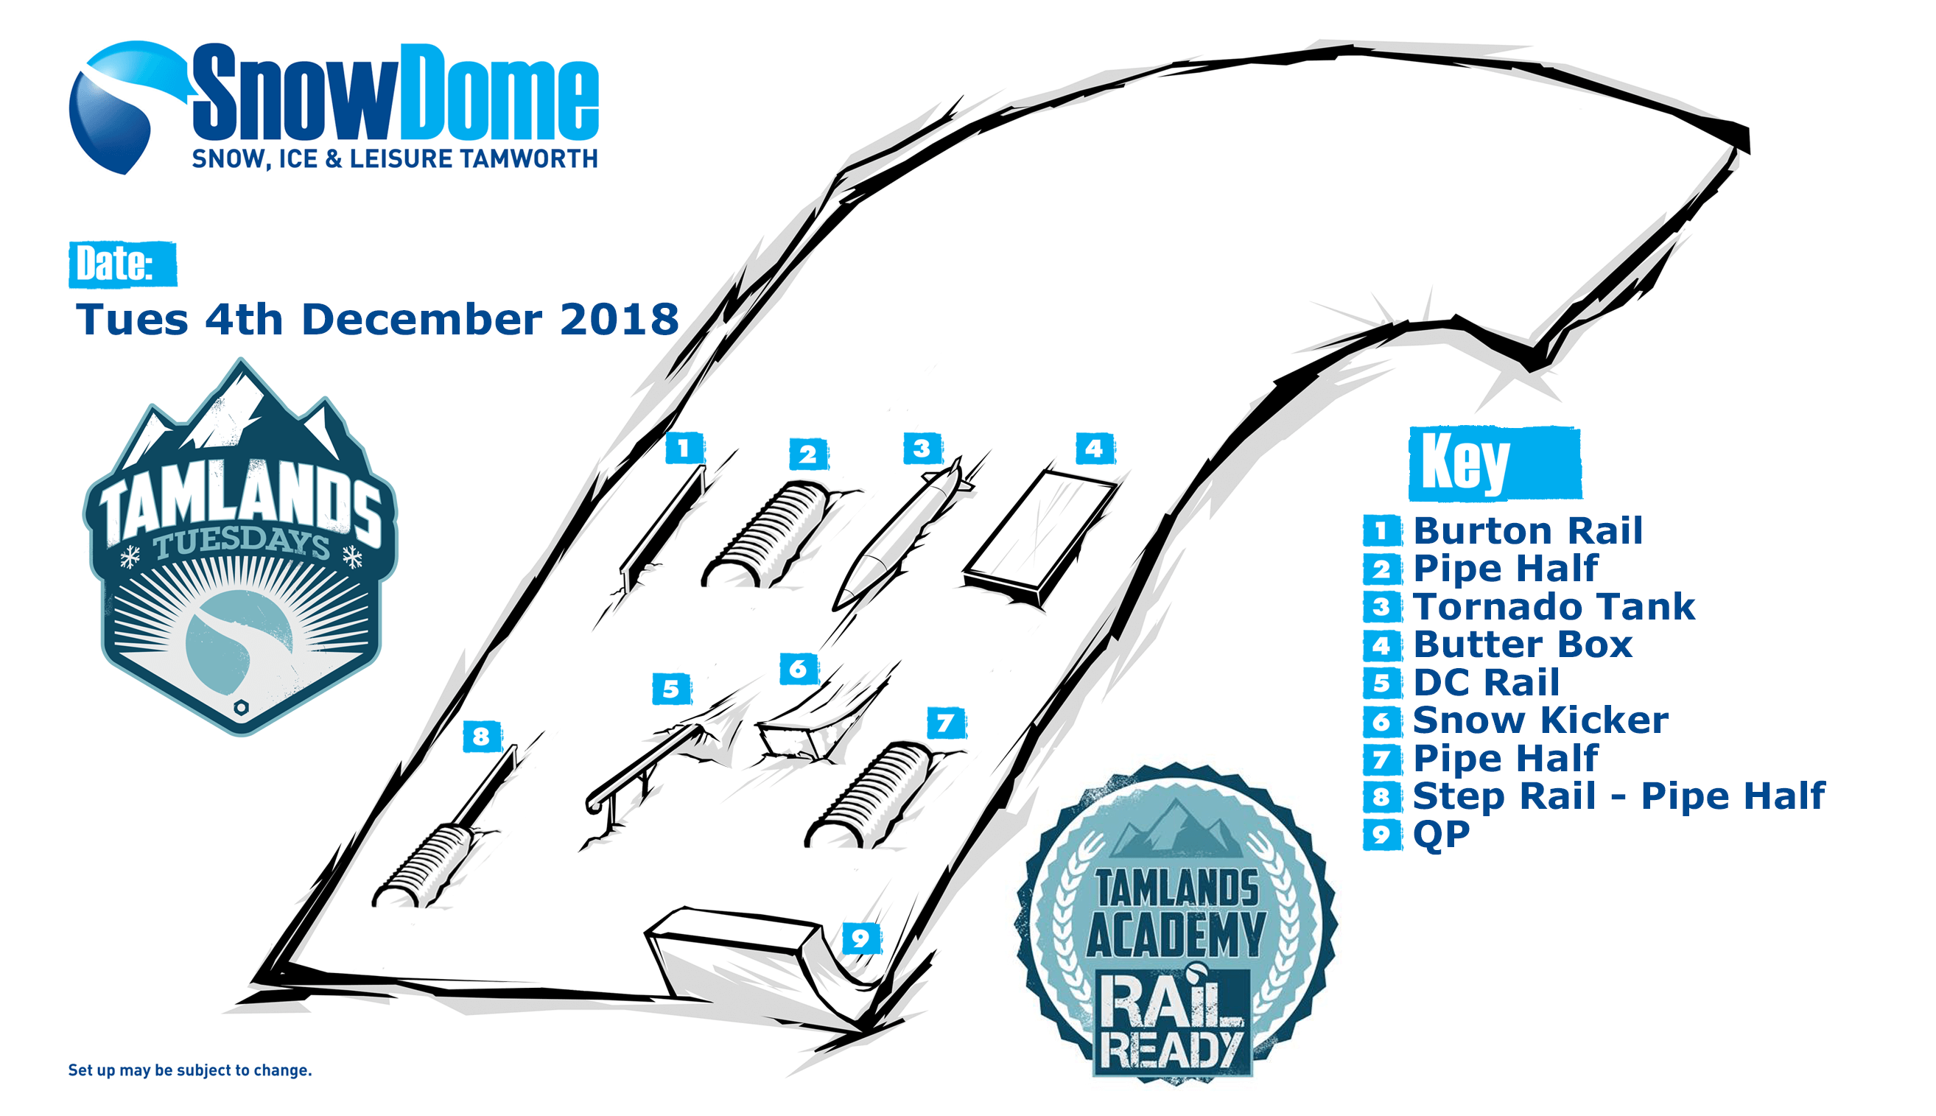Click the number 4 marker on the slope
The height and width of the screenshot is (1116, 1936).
click(x=1095, y=449)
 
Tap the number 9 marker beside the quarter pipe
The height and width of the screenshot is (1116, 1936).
click(x=860, y=938)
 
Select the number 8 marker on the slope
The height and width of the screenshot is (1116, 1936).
click(x=481, y=737)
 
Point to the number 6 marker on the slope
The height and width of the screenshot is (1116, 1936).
click(x=799, y=669)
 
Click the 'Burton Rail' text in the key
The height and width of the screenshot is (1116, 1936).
click(x=1527, y=530)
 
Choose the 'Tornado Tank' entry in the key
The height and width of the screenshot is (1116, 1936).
click(x=1554, y=606)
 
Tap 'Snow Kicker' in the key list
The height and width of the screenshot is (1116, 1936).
click(x=1540, y=720)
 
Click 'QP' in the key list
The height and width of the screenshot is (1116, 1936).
click(x=1441, y=835)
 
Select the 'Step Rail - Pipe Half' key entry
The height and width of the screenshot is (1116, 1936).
click(x=1618, y=796)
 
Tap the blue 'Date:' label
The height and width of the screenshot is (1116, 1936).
click(x=122, y=264)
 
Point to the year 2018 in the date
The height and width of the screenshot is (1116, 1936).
click(x=620, y=319)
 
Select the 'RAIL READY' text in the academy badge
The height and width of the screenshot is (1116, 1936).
click(x=1173, y=1023)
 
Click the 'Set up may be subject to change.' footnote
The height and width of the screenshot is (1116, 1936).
click(x=190, y=1070)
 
